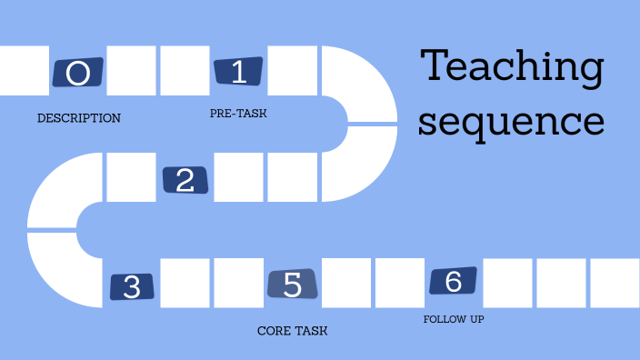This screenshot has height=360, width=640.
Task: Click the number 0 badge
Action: pyautogui.click(x=78, y=73)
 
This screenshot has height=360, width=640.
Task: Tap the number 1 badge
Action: pyautogui.click(x=238, y=72)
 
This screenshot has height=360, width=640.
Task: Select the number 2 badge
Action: pyautogui.click(x=185, y=179)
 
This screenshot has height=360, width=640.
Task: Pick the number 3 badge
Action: pyautogui.click(x=132, y=287)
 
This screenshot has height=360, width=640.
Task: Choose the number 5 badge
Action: pyautogui.click(x=293, y=285)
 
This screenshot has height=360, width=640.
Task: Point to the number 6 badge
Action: pyautogui.click(x=453, y=282)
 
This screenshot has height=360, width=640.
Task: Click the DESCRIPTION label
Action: pyautogui.click(x=78, y=118)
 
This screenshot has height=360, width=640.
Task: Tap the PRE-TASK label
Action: pyautogui.click(x=238, y=114)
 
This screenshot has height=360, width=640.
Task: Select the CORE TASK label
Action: pyautogui.click(x=292, y=331)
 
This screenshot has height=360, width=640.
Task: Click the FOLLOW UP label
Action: pyautogui.click(x=454, y=320)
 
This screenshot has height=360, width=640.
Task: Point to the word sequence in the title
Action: pyautogui.click(x=511, y=120)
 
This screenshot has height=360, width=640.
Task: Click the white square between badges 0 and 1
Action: pyautogui.click(x=132, y=70)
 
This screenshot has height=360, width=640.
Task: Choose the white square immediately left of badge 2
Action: pyautogui.click(x=131, y=177)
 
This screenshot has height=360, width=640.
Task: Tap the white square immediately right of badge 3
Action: pyautogui.click(x=185, y=283)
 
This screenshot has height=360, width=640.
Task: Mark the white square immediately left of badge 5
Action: pyautogui.click(x=238, y=283)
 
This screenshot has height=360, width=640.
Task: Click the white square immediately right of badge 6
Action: pyautogui.click(x=507, y=283)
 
